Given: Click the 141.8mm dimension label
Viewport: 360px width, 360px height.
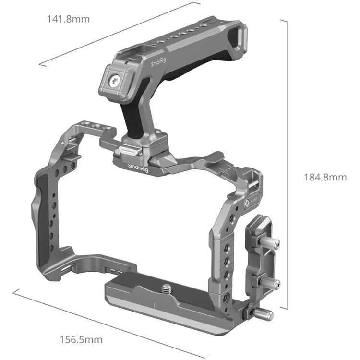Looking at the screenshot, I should point(68,19).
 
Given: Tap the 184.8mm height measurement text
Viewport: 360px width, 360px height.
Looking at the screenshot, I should point(325,177).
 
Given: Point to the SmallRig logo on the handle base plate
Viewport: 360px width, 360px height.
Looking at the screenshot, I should point(139,166).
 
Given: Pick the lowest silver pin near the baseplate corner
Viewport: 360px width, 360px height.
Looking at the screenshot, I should point(264,314).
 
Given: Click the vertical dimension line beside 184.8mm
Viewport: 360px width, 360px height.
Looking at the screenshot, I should point(287,163).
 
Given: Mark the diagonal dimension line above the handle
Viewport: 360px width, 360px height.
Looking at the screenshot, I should point(120,33).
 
